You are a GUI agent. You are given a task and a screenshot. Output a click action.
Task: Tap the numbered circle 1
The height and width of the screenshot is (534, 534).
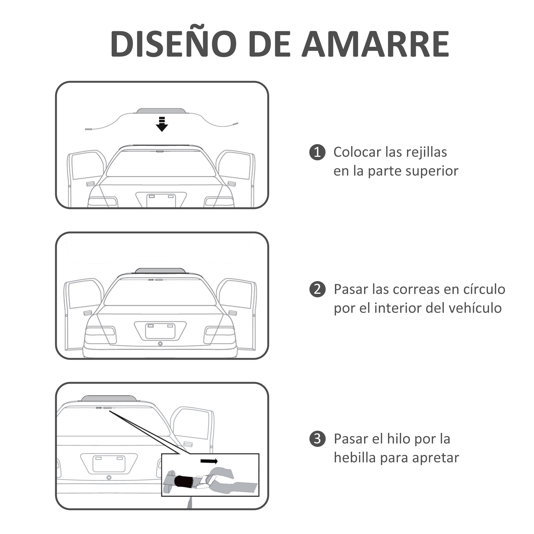[x=317, y=152]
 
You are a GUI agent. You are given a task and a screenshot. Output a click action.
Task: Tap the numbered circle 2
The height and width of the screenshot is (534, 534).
[x=317, y=289]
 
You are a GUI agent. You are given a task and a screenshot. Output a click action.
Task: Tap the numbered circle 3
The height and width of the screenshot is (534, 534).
[x=317, y=439]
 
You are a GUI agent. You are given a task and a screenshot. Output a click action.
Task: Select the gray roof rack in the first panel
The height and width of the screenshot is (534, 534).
[x=161, y=111]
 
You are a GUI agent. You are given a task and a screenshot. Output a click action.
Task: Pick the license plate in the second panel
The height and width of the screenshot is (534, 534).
[x=160, y=331]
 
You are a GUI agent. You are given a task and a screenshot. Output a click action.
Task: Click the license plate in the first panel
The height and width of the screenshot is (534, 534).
[x=161, y=200]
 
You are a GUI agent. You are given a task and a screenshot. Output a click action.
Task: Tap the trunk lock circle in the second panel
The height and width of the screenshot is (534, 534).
[x=160, y=344]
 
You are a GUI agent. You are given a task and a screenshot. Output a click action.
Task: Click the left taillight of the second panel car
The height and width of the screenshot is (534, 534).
[x=100, y=334]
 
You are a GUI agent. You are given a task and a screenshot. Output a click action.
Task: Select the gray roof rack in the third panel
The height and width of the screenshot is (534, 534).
[x=109, y=398]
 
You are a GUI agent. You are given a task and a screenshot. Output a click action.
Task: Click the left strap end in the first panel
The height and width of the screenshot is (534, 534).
[x=88, y=129]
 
